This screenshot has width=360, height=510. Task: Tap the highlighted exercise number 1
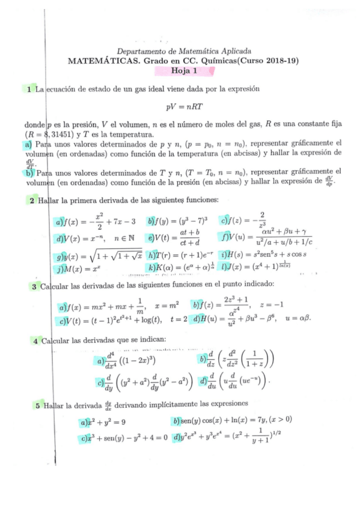coord(28,90)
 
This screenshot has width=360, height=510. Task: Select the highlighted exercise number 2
coord(32,200)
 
